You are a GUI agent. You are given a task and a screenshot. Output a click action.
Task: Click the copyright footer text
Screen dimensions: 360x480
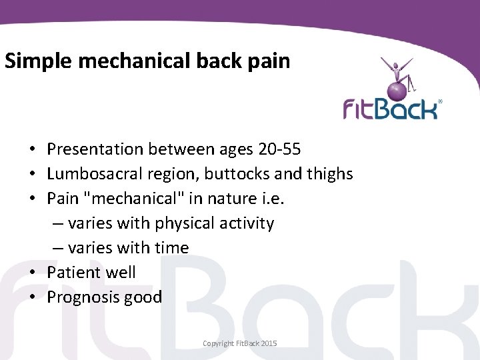239,343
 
